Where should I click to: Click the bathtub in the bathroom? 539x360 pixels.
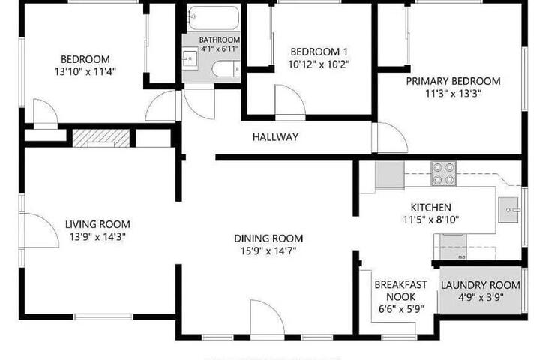213,17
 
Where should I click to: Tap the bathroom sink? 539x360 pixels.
190,61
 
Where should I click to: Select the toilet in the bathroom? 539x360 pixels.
226,68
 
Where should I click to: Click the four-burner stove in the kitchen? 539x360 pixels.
444,174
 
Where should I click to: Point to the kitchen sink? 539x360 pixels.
508,210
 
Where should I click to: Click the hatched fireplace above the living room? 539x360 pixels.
101,139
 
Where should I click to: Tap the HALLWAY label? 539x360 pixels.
275,137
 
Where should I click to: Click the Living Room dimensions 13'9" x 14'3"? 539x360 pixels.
97,236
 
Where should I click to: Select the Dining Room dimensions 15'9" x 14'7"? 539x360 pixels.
268,250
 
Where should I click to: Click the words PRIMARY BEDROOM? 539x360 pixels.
453,81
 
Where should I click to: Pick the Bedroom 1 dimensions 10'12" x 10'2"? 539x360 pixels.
319,64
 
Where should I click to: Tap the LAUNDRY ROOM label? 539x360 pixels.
481,285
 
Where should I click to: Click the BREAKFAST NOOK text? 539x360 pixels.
401,290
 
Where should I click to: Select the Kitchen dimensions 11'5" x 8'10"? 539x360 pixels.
431,220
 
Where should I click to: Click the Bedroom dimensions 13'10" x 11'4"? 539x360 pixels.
85,71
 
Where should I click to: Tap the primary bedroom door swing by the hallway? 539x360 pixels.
392,137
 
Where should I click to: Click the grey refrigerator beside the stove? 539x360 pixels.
390,175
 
